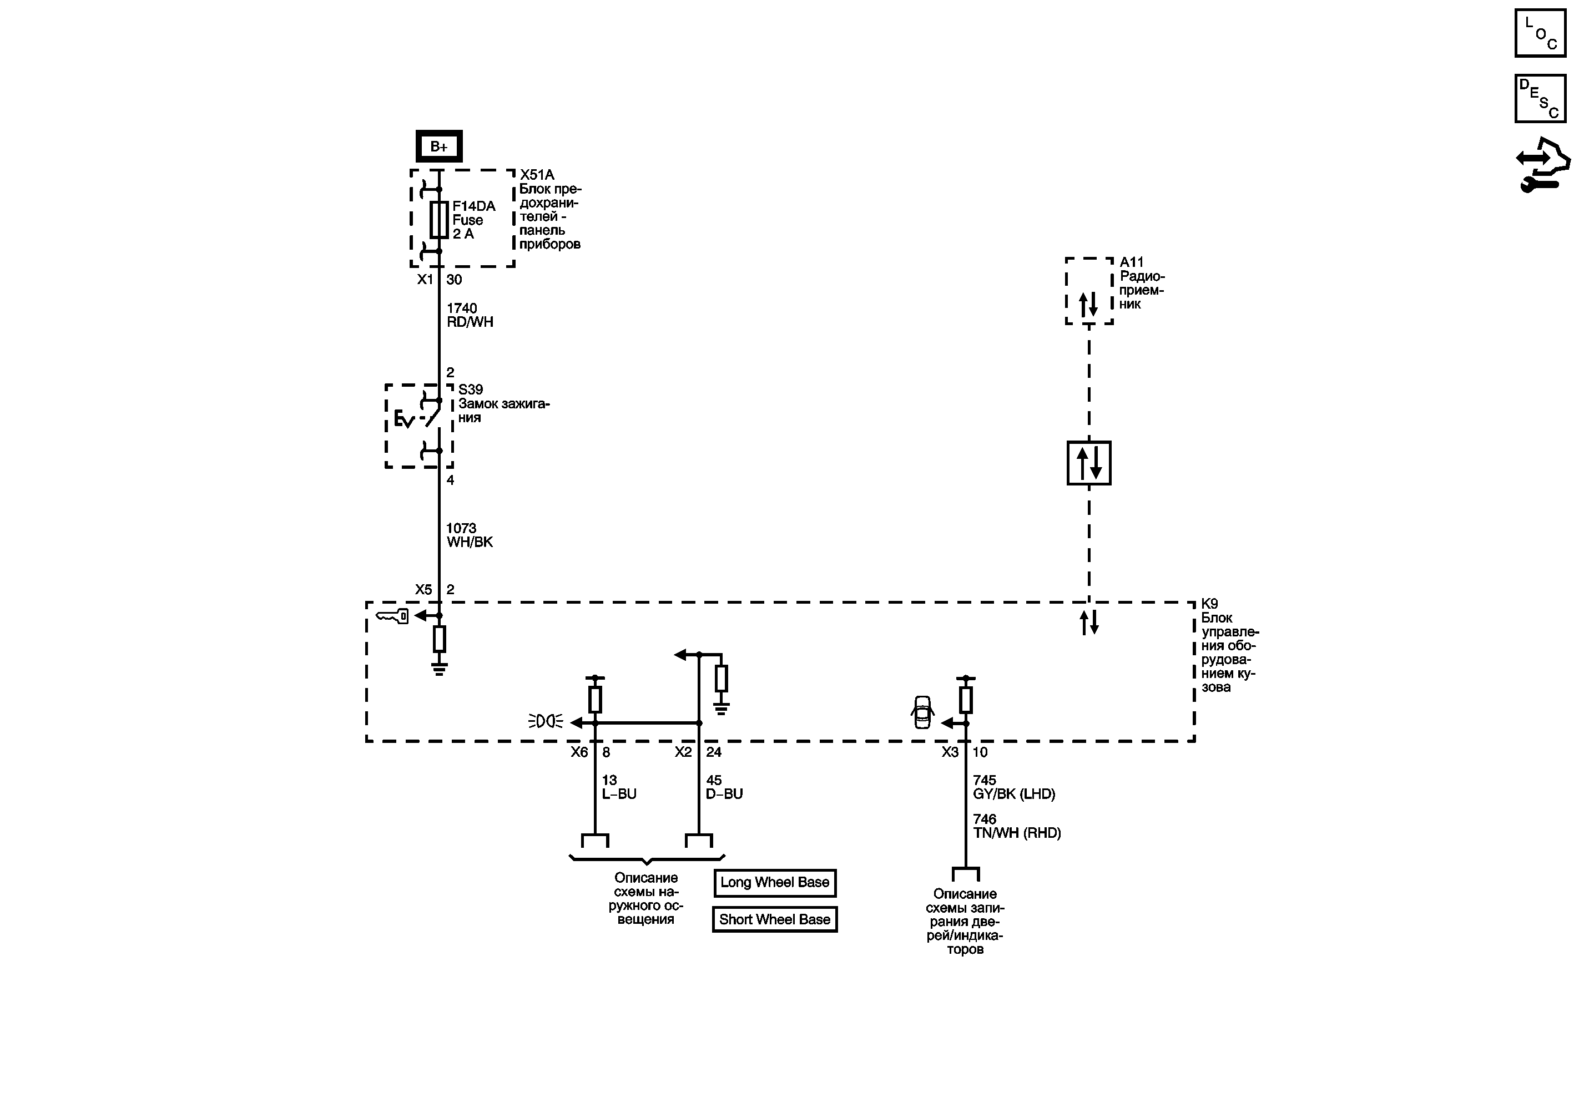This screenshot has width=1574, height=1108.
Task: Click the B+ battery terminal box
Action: coord(439,146)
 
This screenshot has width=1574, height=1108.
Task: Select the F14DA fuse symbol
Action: coord(439,220)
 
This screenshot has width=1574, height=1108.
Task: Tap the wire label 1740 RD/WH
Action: coord(470,315)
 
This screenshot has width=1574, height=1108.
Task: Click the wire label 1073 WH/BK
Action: coord(469,535)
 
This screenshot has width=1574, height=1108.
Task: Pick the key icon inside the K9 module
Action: coord(392,617)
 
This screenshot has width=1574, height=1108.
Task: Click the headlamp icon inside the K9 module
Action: coord(546,721)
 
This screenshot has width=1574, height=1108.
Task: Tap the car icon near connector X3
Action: coord(923,712)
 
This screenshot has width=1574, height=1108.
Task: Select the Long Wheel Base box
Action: coord(775,883)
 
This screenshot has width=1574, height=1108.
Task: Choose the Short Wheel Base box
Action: coord(775,919)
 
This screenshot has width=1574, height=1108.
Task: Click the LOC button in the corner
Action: coord(1540,33)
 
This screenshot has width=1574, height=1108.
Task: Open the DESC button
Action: coord(1540,99)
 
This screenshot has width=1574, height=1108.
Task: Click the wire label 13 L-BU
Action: coord(618,787)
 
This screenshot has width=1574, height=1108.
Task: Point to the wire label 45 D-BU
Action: coord(724,787)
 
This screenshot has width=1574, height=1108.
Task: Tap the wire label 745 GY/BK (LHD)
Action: coord(1013,787)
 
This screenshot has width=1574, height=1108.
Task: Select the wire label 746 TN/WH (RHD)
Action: coord(1016,826)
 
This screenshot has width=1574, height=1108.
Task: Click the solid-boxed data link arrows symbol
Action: coord(1088,463)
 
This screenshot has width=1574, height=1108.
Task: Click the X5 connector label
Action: coord(423,589)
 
